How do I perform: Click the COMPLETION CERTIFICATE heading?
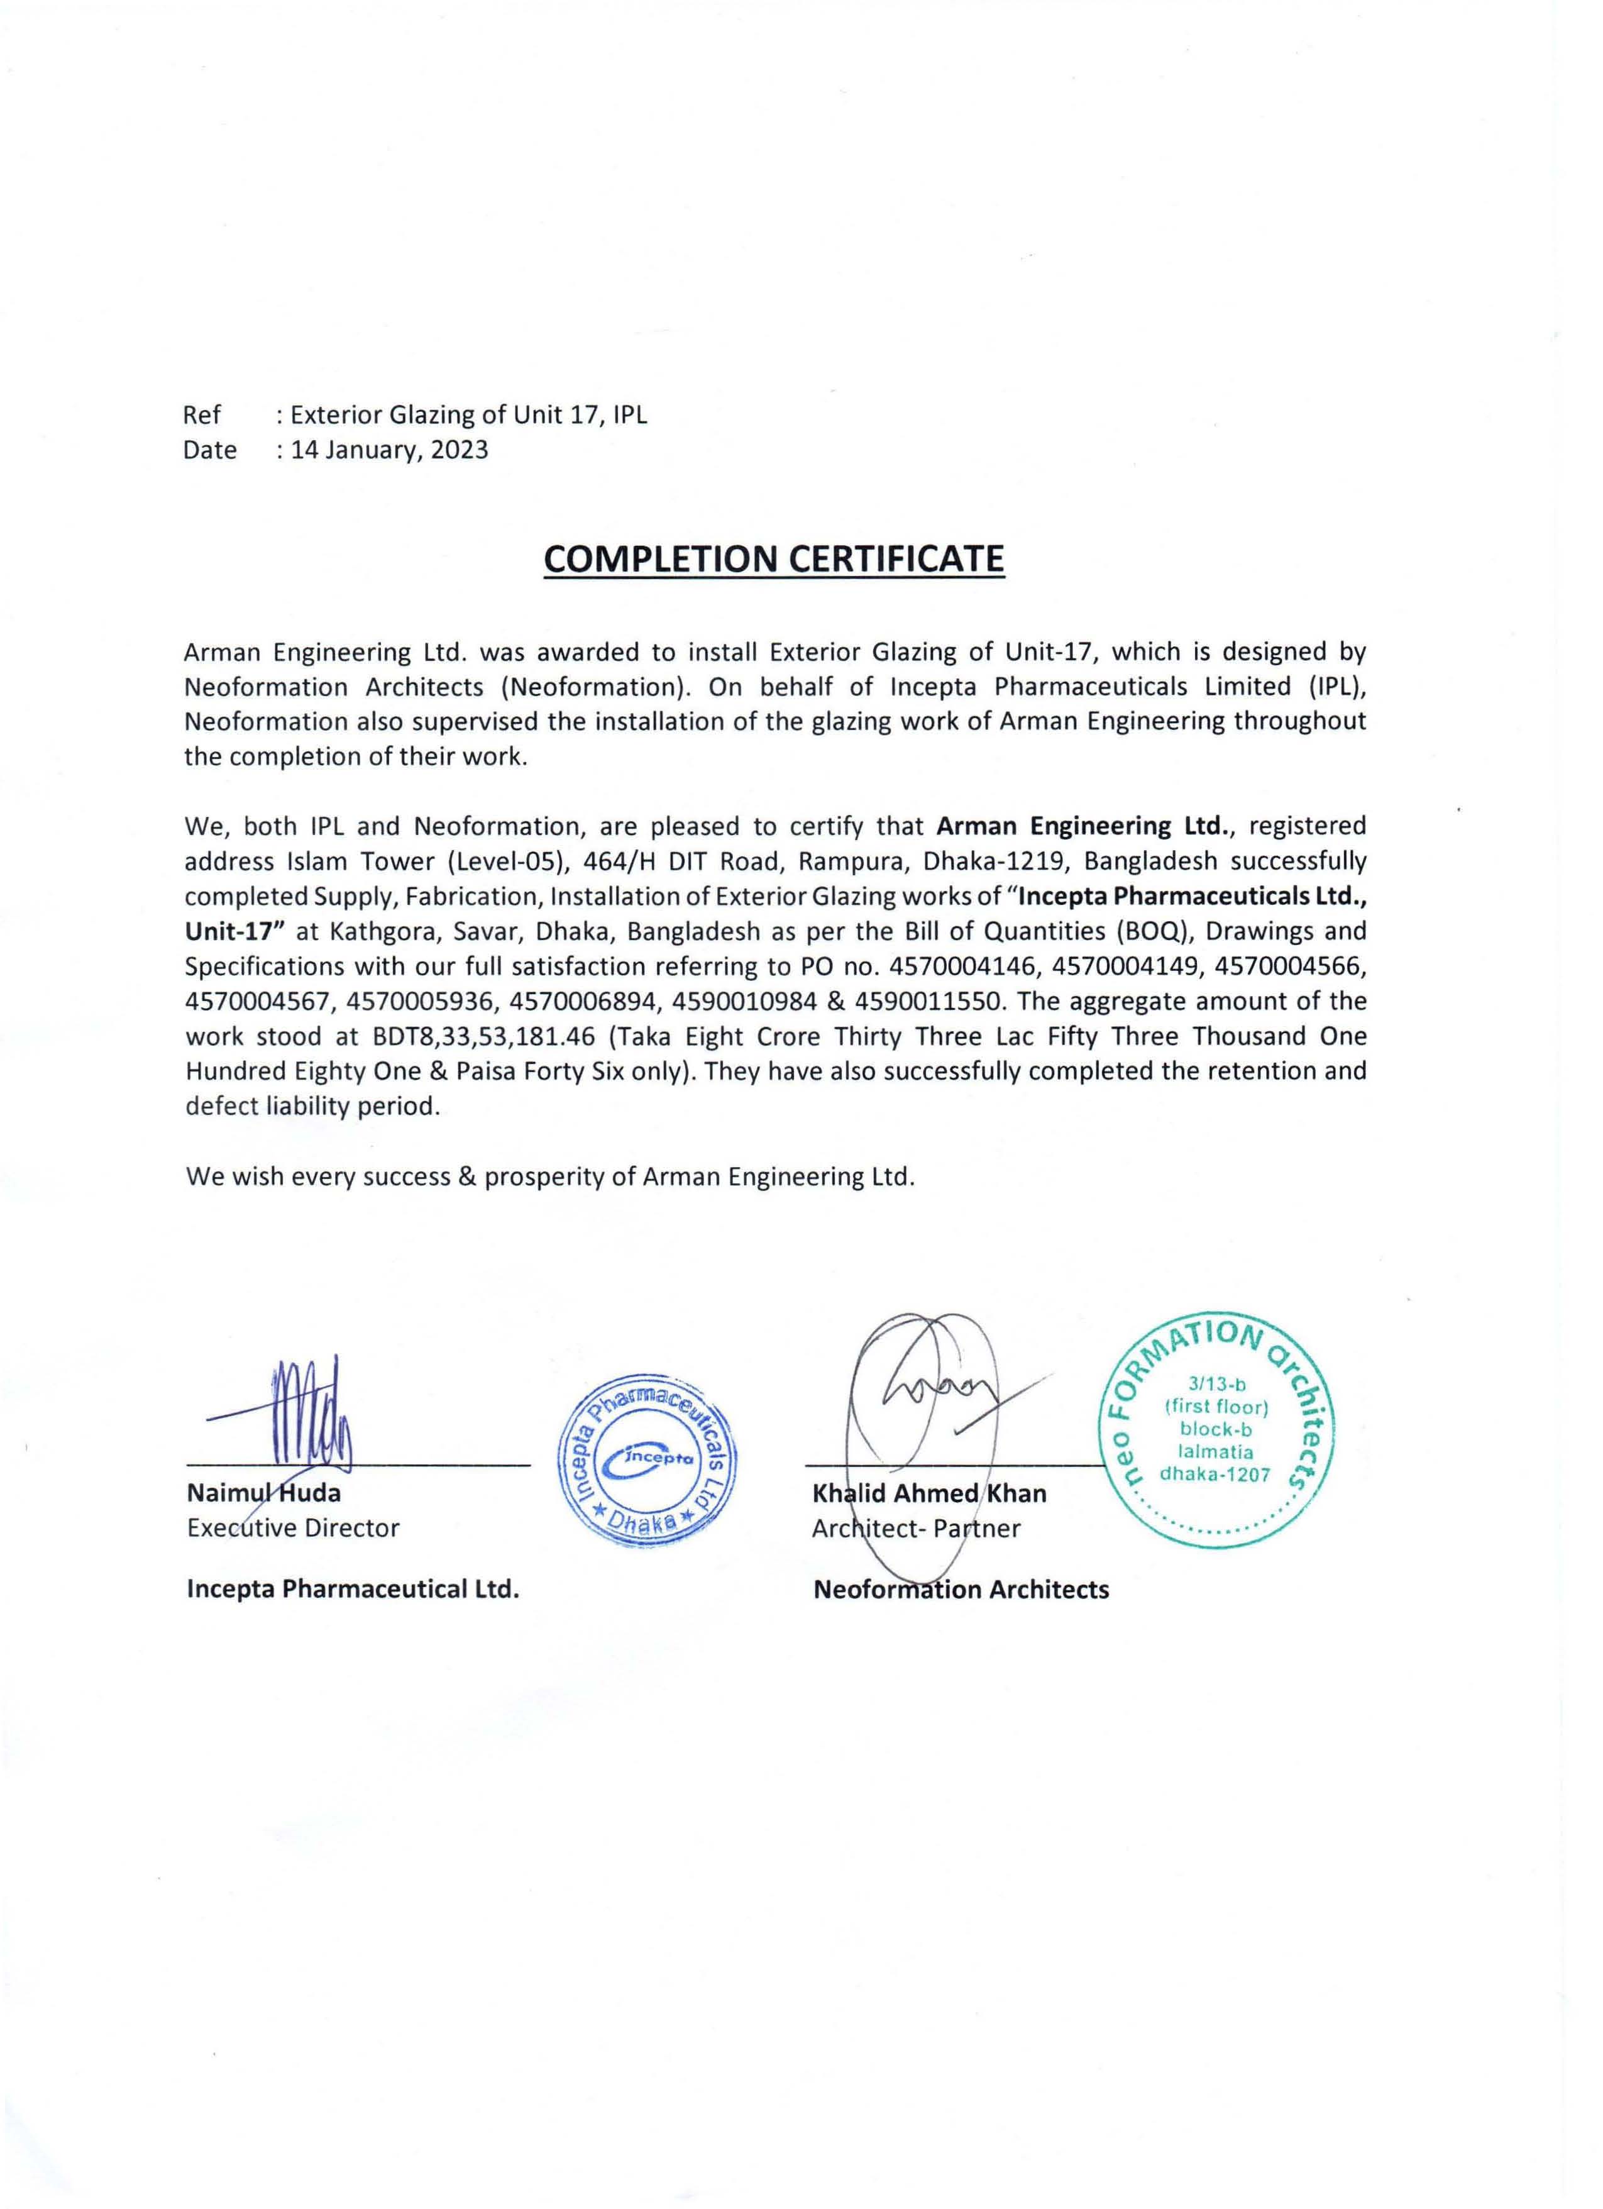point(773,559)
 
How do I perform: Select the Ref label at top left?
point(202,415)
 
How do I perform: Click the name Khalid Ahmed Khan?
point(929,1493)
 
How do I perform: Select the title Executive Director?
point(293,1527)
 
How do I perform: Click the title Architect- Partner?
point(915,1528)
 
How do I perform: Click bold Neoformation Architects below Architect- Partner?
point(961,1590)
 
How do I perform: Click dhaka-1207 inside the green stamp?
point(1215,1474)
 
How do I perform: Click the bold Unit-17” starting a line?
point(234,931)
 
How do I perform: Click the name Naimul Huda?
point(263,1493)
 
